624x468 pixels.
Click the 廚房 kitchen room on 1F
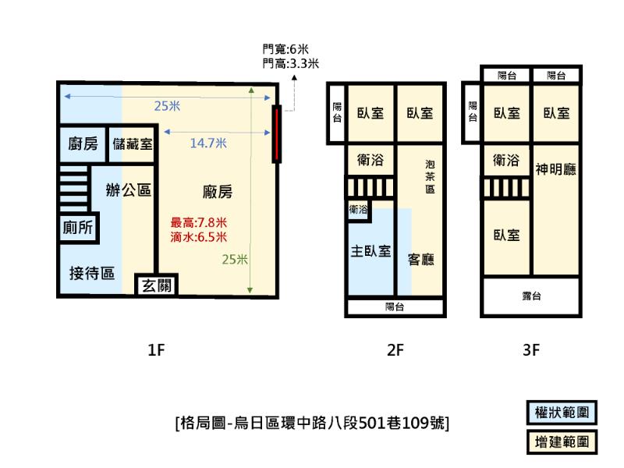[x=83, y=144]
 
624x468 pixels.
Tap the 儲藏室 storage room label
[x=133, y=144]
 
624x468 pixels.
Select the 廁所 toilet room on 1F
[x=78, y=227]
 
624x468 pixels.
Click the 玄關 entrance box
[x=157, y=285]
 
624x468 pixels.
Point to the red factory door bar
[x=277, y=133]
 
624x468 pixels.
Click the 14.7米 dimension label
[x=208, y=143]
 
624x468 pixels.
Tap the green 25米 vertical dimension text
[x=235, y=260]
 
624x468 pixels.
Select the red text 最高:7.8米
[x=199, y=222]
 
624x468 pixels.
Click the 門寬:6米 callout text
[x=285, y=49]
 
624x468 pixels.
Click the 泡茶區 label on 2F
[x=430, y=176]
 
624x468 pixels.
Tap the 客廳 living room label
[x=420, y=260]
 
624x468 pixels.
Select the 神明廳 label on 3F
[x=555, y=169]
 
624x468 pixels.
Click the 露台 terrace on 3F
[x=531, y=296]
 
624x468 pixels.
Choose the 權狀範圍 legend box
[x=562, y=413]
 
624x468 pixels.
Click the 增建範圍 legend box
[x=562, y=441]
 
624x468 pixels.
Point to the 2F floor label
[x=395, y=349]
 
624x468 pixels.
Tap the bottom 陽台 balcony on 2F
[x=395, y=307]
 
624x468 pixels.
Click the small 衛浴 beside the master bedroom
[x=358, y=210]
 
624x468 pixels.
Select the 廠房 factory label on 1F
[x=218, y=192]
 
